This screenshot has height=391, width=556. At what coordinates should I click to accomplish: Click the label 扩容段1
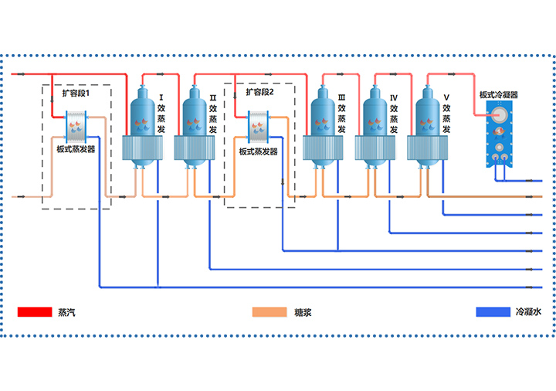pyautogui.click(x=76, y=93)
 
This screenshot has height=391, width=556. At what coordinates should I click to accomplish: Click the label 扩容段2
pyautogui.click(x=260, y=92)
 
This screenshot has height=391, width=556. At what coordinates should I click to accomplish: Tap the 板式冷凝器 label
pyautogui.click(x=498, y=95)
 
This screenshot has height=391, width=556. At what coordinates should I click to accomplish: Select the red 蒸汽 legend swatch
pyautogui.click(x=33, y=312)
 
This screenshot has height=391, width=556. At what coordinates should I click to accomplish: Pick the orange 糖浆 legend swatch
pyautogui.click(x=269, y=312)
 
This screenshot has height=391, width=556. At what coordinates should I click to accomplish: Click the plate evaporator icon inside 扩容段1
pyautogui.click(x=77, y=125)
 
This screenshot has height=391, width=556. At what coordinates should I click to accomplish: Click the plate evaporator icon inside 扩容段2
pyautogui.click(x=259, y=125)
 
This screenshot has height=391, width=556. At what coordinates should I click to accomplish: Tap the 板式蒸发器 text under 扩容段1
pyautogui.click(x=76, y=150)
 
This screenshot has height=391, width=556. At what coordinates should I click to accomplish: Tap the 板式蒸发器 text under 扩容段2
pyautogui.click(x=259, y=152)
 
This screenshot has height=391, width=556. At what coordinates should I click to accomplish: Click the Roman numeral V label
pyautogui.click(x=446, y=97)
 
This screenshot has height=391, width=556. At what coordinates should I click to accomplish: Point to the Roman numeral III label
pyautogui.click(x=341, y=97)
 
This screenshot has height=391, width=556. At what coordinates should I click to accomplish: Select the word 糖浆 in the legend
pyautogui.click(x=303, y=312)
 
